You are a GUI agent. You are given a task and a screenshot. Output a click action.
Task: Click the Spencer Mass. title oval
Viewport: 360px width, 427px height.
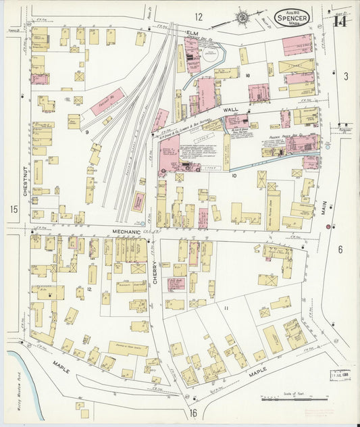click(x=292, y=18)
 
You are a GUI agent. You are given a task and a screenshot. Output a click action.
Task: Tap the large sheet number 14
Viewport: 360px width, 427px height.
click(x=340, y=20)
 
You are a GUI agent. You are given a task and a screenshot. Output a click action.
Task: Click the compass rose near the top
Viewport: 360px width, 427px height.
click(x=241, y=17)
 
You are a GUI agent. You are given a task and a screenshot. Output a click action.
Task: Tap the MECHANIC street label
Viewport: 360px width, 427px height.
click(x=126, y=232)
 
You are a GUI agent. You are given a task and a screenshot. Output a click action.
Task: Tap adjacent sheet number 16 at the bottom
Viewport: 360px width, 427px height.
click(x=193, y=412)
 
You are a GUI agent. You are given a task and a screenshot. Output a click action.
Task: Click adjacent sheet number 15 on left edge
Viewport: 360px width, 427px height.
click(x=14, y=209)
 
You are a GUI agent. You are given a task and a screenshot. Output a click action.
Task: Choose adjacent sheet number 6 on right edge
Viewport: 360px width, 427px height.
click(x=340, y=249)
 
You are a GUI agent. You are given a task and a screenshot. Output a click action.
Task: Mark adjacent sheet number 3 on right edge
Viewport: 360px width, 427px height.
click(x=345, y=76)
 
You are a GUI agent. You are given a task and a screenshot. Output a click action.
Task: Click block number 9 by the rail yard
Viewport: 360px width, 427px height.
click(x=86, y=132)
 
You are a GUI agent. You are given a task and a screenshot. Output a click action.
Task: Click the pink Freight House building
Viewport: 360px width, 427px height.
click(x=108, y=101)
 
